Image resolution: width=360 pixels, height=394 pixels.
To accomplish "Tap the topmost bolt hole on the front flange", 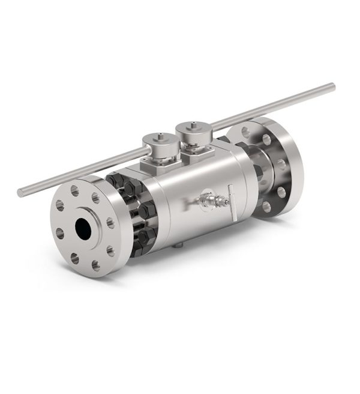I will coord(74,192).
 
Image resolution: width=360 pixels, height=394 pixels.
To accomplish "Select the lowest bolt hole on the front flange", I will coord(94,264).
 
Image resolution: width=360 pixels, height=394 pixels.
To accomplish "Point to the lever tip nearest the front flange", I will coord(20,193).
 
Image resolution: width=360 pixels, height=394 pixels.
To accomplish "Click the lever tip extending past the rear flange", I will coord(332,87).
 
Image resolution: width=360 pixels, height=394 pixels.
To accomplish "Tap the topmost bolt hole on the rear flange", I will coord(247,130).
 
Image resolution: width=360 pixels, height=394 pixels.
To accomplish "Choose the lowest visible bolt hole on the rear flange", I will coord(266,207).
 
